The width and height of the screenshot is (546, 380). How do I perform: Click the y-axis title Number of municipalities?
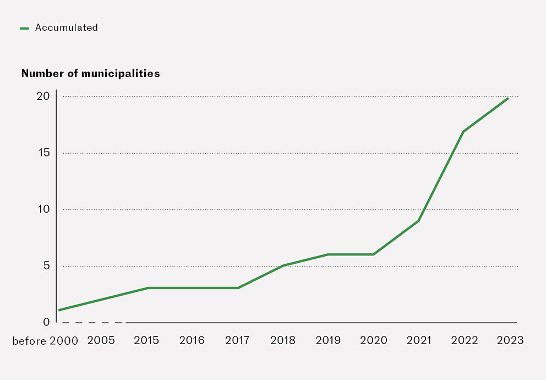pos(90,73)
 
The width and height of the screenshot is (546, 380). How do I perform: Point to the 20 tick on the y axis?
pos(43,96)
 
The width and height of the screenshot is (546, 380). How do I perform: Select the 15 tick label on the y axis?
pos(43,153)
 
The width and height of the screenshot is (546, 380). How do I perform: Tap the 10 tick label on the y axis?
pos(43,209)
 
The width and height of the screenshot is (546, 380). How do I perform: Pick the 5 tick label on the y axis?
pos(46,266)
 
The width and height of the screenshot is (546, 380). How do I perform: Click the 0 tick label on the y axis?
pos(46,322)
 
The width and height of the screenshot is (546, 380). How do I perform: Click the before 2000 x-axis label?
pos(45,340)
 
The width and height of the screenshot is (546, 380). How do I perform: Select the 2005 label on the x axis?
pos(101,340)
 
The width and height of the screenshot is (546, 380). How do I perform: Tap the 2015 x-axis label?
pos(146,340)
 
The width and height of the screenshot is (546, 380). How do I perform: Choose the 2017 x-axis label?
pos(237,340)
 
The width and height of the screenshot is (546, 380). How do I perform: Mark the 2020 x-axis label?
pos(374,340)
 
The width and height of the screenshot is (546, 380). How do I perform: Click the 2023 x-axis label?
pos(510,340)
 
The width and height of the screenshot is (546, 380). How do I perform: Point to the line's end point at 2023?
pos(508,98)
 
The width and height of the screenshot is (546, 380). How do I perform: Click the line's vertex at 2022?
pos(464,131)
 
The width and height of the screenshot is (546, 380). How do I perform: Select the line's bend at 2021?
pos(419,221)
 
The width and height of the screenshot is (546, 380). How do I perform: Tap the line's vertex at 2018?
pos(283,265)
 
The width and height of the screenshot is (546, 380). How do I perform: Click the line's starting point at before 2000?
pos(59,311)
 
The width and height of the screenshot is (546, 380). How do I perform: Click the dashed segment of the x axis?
pos(94,323)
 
